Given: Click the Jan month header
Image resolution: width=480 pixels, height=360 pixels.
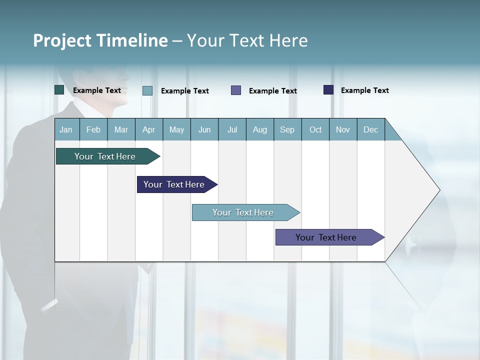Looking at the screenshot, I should pos(66,129).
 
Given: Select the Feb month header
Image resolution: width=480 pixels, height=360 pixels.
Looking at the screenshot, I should pos(93,129).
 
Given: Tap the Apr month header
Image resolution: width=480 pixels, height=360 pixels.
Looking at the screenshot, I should pos(149,129).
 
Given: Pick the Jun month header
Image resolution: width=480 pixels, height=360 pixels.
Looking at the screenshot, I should pos(204,129).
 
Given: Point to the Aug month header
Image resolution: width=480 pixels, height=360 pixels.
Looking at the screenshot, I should pos(260,129).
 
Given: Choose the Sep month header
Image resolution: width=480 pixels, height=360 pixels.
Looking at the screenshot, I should pos(287,129).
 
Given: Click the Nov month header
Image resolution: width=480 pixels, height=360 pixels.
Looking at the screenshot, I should pos(343,129).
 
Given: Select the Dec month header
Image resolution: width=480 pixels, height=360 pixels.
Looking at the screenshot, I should pos(371,129).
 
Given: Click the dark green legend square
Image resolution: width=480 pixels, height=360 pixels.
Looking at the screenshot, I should pos(59,90).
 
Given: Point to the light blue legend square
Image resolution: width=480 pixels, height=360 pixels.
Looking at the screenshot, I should pos(147,90).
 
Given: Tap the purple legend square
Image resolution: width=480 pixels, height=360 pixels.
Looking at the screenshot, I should pos(236,90).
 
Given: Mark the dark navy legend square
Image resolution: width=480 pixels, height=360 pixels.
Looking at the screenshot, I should pos(328,90).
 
